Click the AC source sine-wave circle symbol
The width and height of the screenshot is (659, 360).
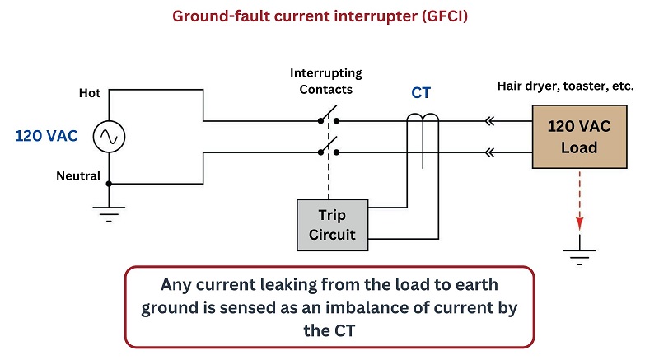coord(109,137)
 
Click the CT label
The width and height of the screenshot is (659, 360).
coord(422,93)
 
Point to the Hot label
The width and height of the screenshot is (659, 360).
coord(89,93)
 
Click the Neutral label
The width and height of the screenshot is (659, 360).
coord(78,176)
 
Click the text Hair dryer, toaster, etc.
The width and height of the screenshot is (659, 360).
coord(565,85)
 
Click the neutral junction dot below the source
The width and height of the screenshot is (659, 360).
coord(109,183)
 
